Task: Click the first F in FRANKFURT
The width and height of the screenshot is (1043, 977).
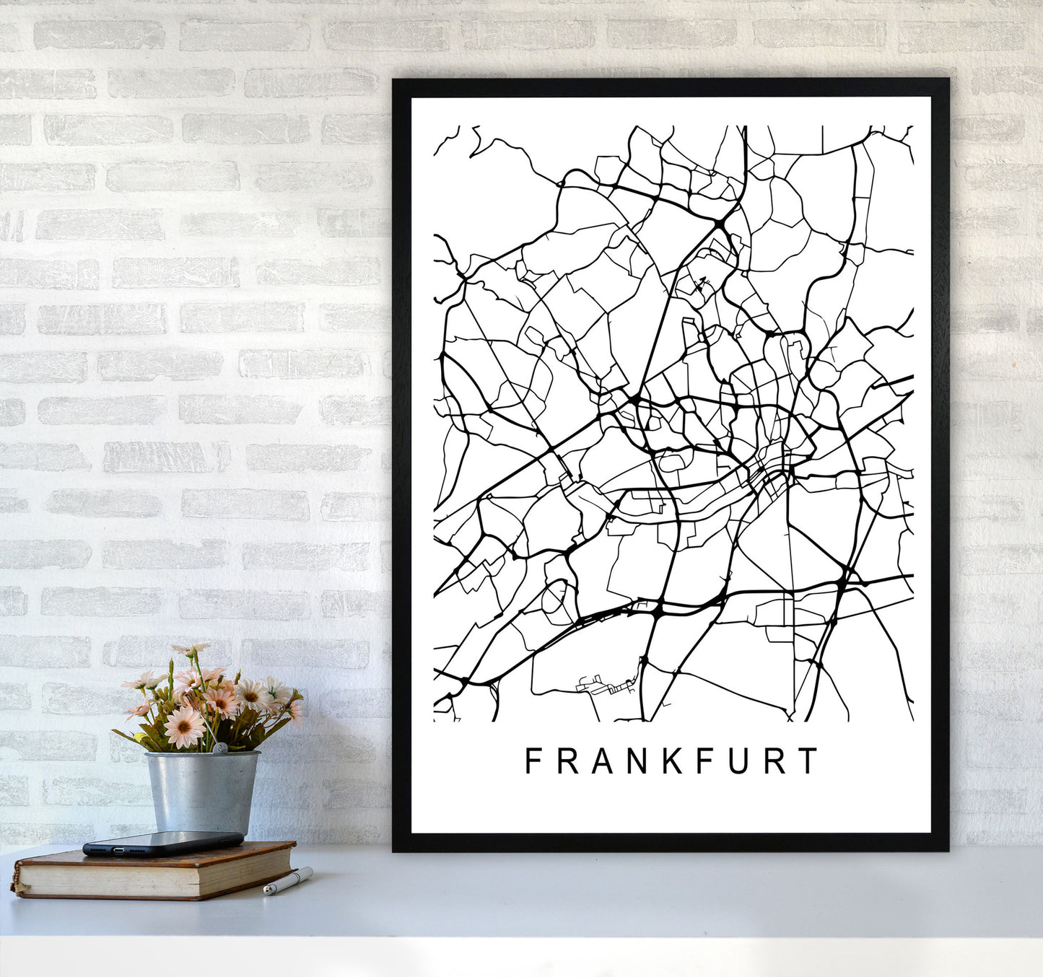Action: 533,761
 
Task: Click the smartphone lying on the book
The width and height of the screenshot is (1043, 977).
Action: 162,843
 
